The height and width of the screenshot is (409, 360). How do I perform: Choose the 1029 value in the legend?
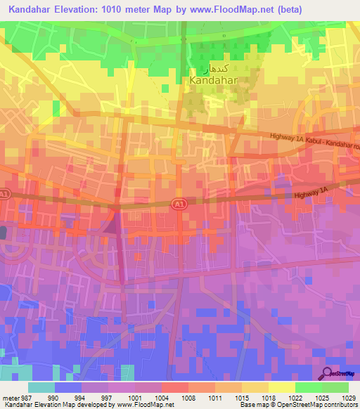point(348,397)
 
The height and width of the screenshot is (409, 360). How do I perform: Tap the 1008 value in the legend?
point(188,397)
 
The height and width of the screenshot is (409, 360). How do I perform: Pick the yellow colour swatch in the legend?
point(281,387)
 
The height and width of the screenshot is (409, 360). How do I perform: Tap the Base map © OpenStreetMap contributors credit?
point(298,405)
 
